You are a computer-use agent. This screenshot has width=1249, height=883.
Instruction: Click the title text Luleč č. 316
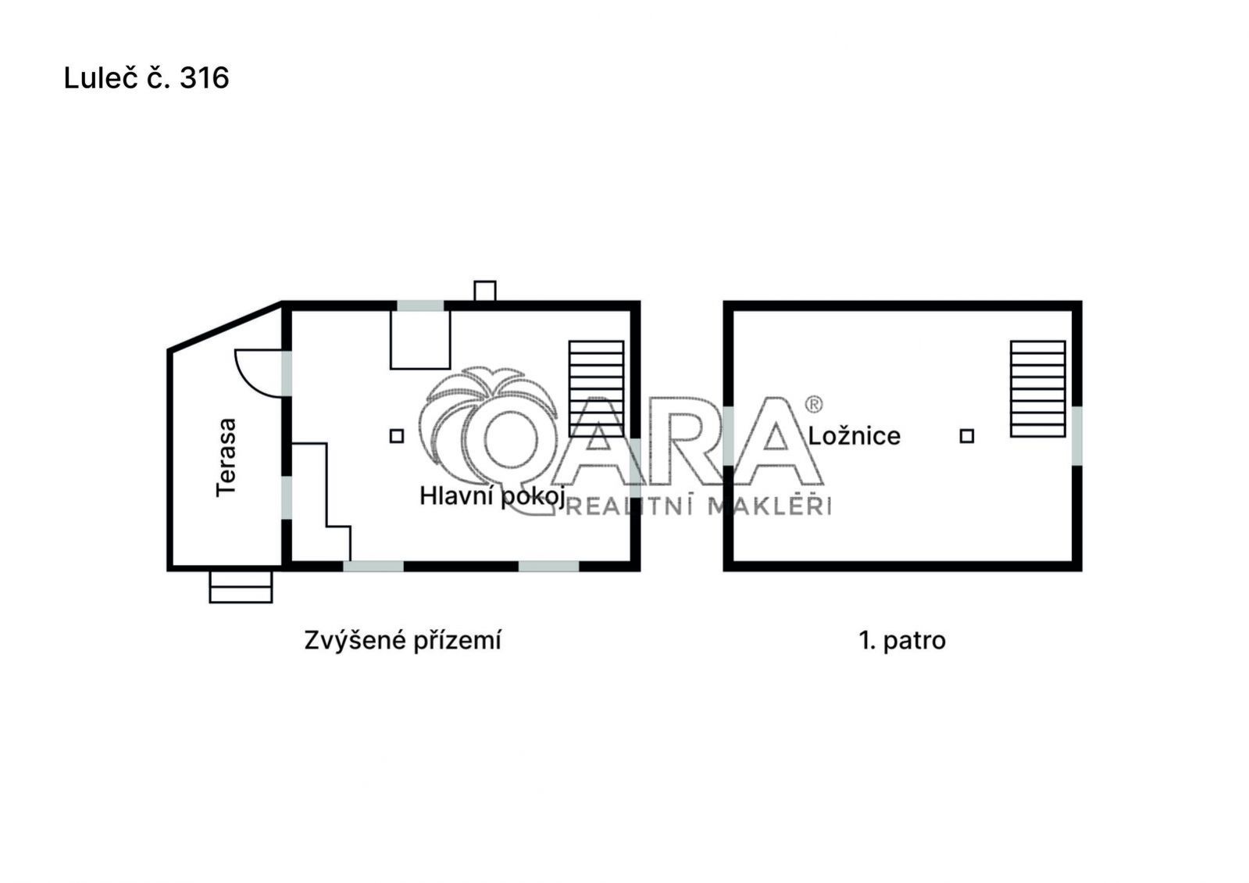point(146,77)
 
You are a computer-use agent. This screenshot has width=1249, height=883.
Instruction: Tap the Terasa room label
point(227,457)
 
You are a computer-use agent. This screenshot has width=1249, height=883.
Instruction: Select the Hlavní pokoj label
point(492,496)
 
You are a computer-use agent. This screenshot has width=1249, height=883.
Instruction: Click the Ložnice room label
point(854,436)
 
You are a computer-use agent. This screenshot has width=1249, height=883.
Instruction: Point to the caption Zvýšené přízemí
point(402,640)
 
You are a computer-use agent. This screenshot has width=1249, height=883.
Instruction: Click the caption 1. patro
point(902,640)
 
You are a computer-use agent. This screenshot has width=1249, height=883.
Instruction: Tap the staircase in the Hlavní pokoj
point(596,389)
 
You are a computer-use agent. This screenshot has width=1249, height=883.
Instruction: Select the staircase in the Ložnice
point(1037,389)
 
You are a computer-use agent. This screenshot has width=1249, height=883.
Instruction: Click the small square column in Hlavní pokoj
point(397,436)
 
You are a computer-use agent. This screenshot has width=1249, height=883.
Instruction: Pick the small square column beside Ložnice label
point(967,436)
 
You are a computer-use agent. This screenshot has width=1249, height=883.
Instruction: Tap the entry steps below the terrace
point(241,586)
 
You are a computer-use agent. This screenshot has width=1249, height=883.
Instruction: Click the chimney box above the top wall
point(484,291)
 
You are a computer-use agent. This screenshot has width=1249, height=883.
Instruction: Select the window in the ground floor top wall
point(420,306)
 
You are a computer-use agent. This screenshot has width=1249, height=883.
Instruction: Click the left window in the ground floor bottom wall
point(373,567)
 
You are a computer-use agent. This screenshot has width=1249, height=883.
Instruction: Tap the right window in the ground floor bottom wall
point(548,567)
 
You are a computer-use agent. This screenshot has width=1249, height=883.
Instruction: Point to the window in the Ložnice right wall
point(1076,436)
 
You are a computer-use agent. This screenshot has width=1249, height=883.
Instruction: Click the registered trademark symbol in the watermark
point(813,404)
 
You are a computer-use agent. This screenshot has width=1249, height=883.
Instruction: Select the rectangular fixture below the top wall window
point(420,340)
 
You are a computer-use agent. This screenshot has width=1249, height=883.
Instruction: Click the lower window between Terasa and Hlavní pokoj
point(287,497)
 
